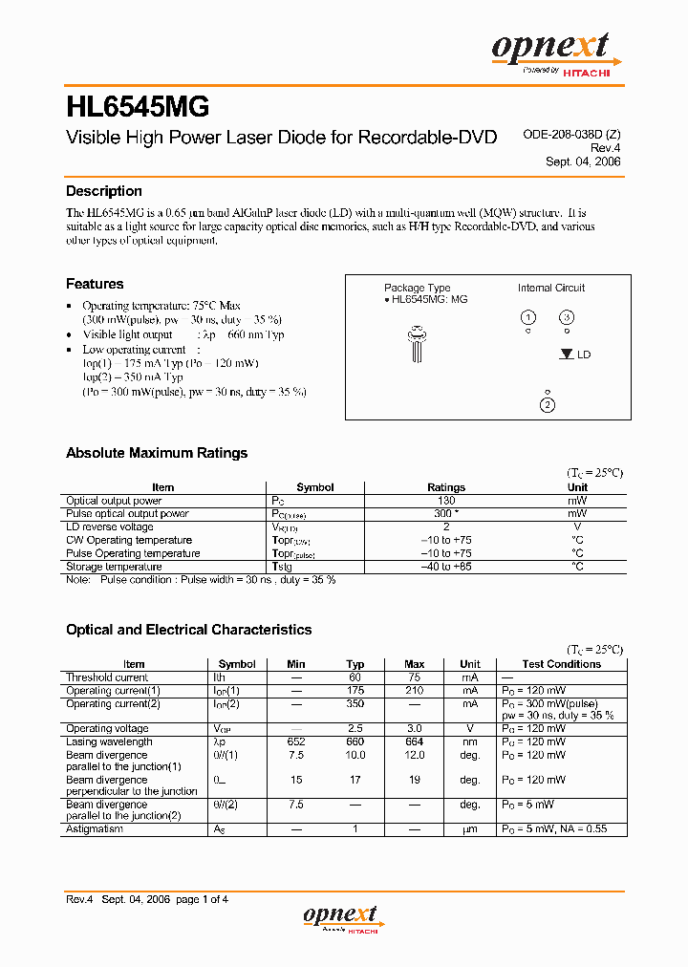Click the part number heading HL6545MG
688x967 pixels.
coord(138,104)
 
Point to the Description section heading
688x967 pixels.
coord(103,191)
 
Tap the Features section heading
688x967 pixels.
coord(95,284)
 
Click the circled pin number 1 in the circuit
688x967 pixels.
coord(527,317)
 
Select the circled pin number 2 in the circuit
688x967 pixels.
coord(548,405)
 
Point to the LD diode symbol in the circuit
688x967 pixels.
coord(567,354)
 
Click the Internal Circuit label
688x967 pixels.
coord(551,288)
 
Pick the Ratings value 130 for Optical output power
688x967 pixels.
coord(446,501)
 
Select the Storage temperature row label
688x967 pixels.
coord(114,567)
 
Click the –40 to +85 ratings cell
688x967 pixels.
coord(446,567)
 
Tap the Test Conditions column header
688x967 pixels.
coord(562,664)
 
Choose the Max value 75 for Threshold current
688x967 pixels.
coord(414,677)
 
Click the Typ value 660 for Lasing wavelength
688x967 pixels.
coord(355,741)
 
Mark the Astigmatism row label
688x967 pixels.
coord(95,829)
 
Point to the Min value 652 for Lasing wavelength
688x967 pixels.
coord(296,741)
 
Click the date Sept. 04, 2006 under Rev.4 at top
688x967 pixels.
coord(583,161)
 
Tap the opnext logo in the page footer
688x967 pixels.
coord(341,917)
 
